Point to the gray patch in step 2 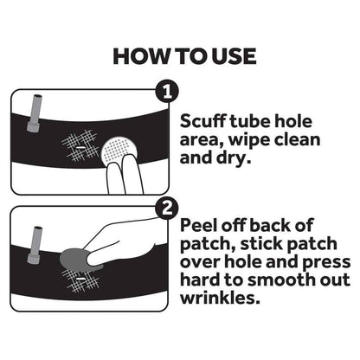coord(74,258)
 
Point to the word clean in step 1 coord(298,141)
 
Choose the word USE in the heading coord(229,57)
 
